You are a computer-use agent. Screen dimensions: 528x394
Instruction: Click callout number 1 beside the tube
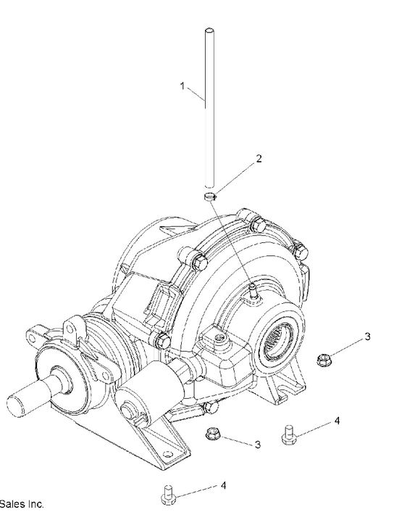tap(183, 86)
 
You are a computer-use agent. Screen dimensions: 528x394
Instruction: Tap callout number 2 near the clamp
tap(259, 158)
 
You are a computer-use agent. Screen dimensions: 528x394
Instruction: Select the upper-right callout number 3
tap(367, 337)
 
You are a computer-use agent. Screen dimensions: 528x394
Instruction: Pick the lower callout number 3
tap(257, 444)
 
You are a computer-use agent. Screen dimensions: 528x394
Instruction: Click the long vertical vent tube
tap(208, 109)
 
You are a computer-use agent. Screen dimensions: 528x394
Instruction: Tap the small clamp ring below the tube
tap(209, 196)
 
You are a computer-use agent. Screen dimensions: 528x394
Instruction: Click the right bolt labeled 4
tap(288, 433)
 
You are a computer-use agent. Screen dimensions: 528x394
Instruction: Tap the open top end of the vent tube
tap(208, 31)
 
